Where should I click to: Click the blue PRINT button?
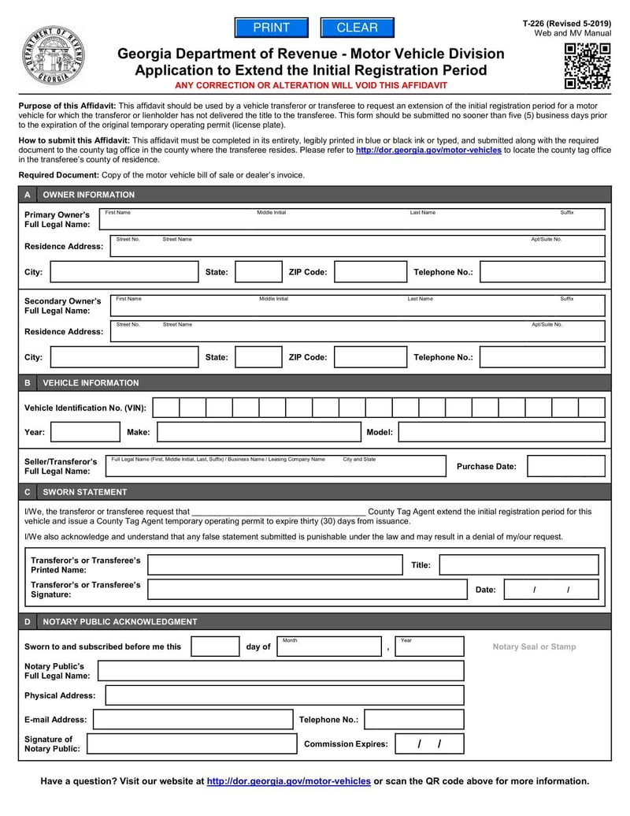[272, 28]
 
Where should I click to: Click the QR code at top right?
[587, 66]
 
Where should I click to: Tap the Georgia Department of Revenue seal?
[53, 55]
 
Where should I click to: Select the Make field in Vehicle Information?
[258, 432]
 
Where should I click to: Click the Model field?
[502, 432]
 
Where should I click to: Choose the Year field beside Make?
[85, 432]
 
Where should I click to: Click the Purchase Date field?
[565, 466]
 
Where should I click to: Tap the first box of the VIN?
[165, 408]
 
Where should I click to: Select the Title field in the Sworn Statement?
[518, 564]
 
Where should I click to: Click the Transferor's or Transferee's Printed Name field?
[275, 564]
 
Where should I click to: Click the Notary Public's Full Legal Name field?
[280, 671]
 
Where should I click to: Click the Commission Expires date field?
[429, 743]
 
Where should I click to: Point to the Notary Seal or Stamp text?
[534, 646]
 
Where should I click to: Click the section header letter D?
[28, 621]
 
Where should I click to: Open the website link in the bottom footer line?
[288, 781]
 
